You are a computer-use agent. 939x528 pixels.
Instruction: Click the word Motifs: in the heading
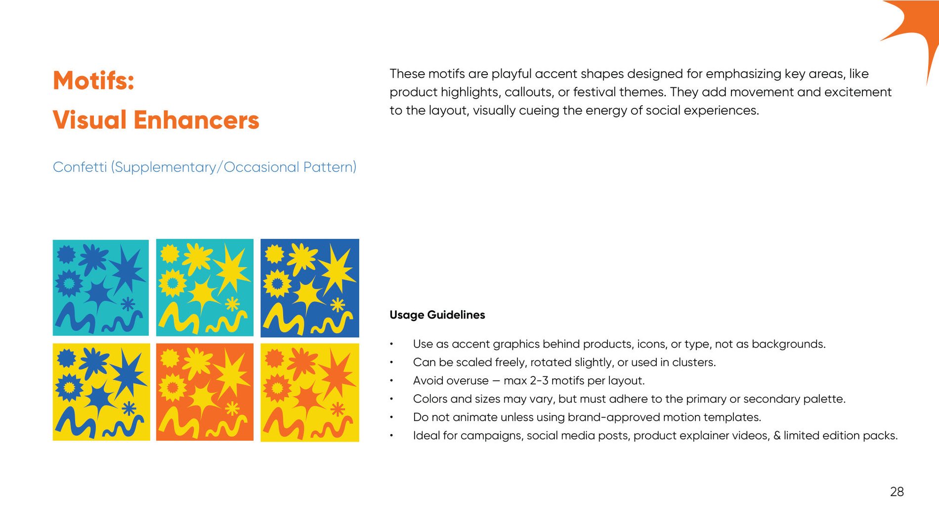pyautogui.click(x=93, y=81)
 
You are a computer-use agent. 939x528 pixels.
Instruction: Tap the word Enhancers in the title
pyautogui.click(x=196, y=120)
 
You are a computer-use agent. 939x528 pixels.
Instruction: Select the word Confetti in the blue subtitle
pyautogui.click(x=80, y=167)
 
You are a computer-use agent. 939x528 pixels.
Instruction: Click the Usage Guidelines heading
pyautogui.click(x=437, y=315)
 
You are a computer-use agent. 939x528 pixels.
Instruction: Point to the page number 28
pyautogui.click(x=897, y=492)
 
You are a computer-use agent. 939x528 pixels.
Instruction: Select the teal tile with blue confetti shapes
pyautogui.click(x=101, y=287)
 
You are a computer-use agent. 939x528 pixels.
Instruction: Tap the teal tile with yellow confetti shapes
pyautogui.click(x=205, y=287)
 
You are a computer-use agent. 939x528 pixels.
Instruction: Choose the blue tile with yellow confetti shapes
pyautogui.click(x=310, y=288)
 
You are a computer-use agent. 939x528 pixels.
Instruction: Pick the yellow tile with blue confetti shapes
pyautogui.click(x=101, y=392)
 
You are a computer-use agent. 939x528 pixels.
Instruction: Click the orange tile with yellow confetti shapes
pyautogui.click(x=205, y=392)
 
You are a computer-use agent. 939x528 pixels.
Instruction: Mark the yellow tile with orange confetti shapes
pyautogui.click(x=310, y=392)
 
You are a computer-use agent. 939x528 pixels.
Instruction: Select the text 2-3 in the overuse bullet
pyautogui.click(x=539, y=381)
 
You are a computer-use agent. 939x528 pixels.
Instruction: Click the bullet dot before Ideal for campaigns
pyautogui.click(x=391, y=436)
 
